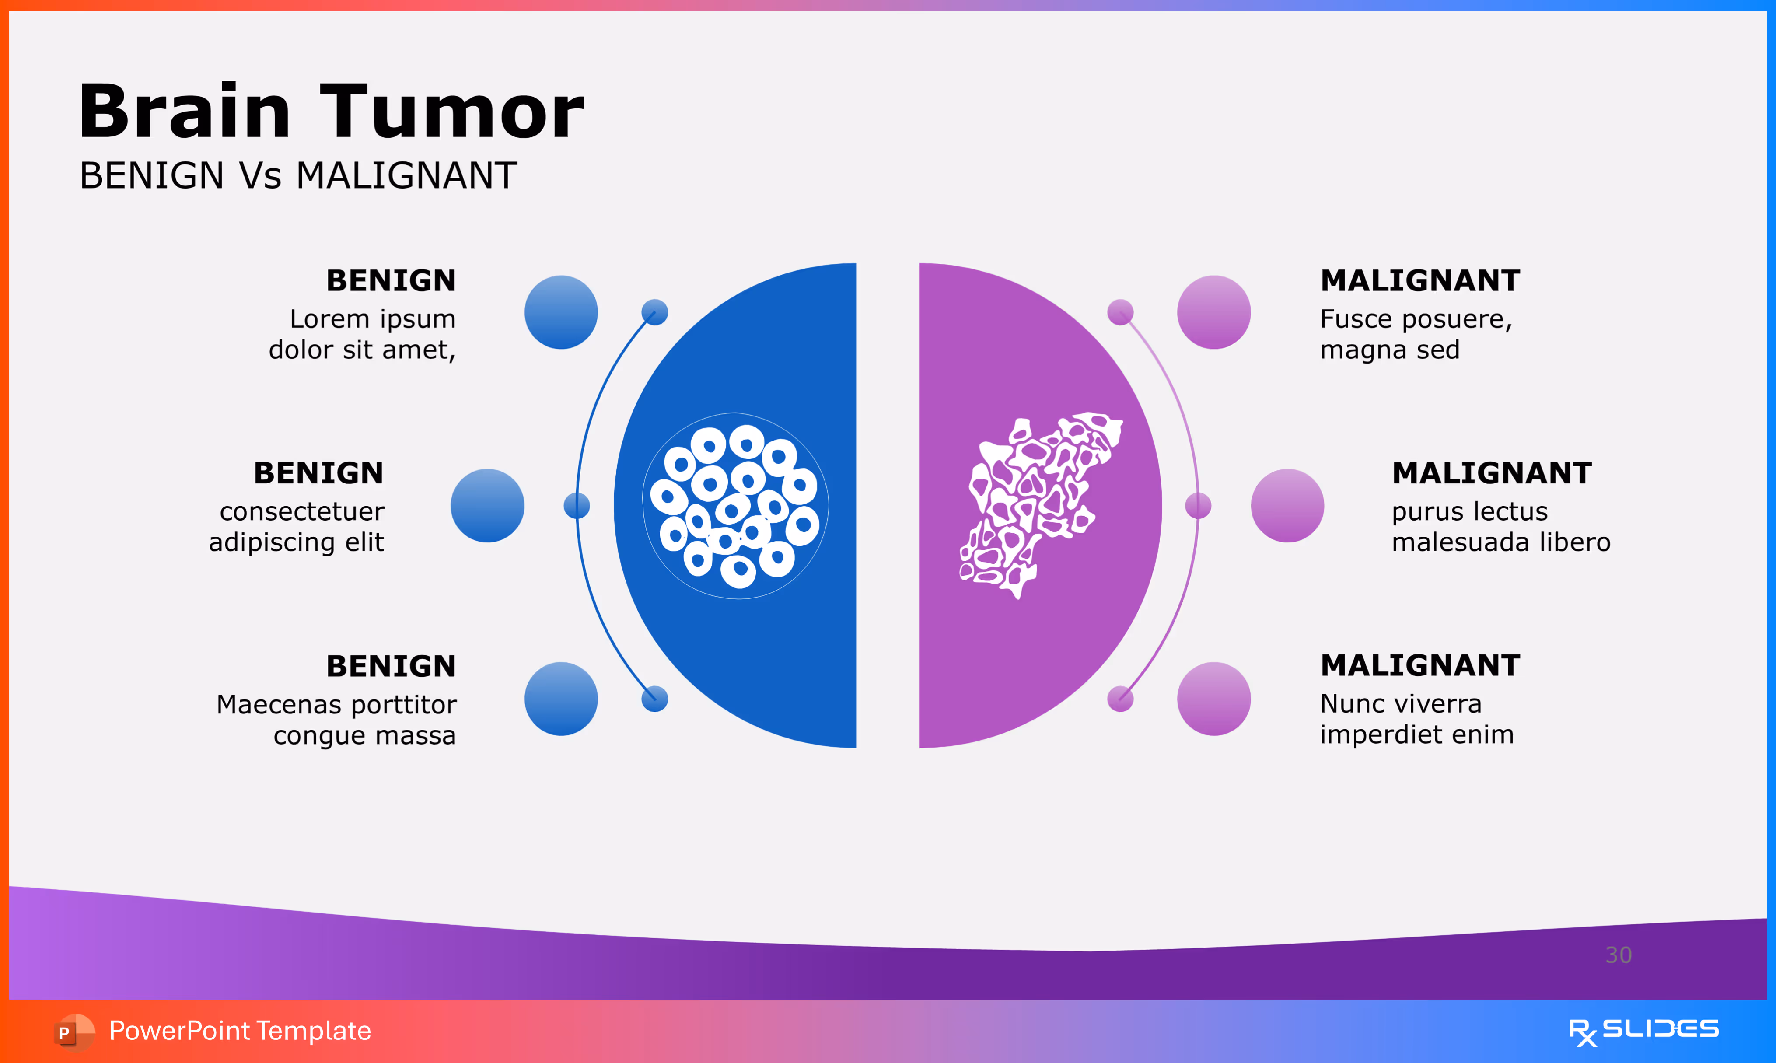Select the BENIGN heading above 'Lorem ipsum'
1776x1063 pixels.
click(x=391, y=280)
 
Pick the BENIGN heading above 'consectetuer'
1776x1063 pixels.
click(x=319, y=473)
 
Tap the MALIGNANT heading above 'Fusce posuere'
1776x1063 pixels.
click(x=1420, y=280)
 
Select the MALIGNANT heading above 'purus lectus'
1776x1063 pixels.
click(x=1492, y=473)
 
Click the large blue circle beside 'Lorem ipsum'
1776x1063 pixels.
click(x=561, y=312)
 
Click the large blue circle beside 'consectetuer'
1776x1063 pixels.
click(x=487, y=506)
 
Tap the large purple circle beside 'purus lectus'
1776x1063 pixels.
click(x=1287, y=506)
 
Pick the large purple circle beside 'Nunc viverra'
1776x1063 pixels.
click(x=1214, y=699)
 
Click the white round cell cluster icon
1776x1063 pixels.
click(x=735, y=506)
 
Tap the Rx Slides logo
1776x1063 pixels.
click(x=1643, y=1031)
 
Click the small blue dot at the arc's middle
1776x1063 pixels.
click(x=577, y=506)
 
